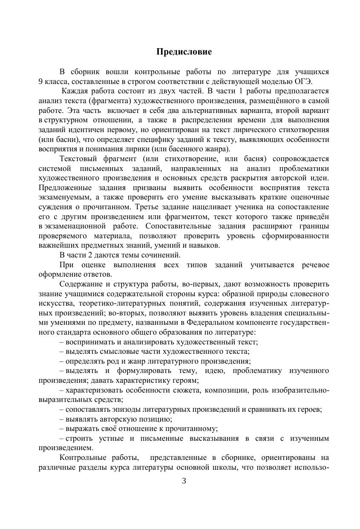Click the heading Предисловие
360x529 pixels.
184,52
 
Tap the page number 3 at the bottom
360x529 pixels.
184,481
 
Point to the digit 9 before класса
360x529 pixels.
40,81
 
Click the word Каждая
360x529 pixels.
75,91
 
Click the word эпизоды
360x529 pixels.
119,409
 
